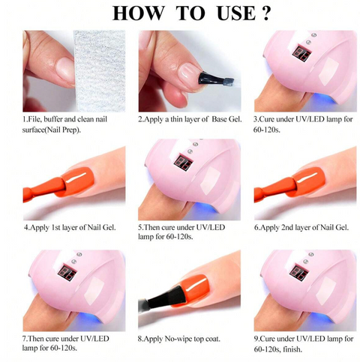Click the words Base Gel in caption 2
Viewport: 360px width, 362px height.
[222, 119]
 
